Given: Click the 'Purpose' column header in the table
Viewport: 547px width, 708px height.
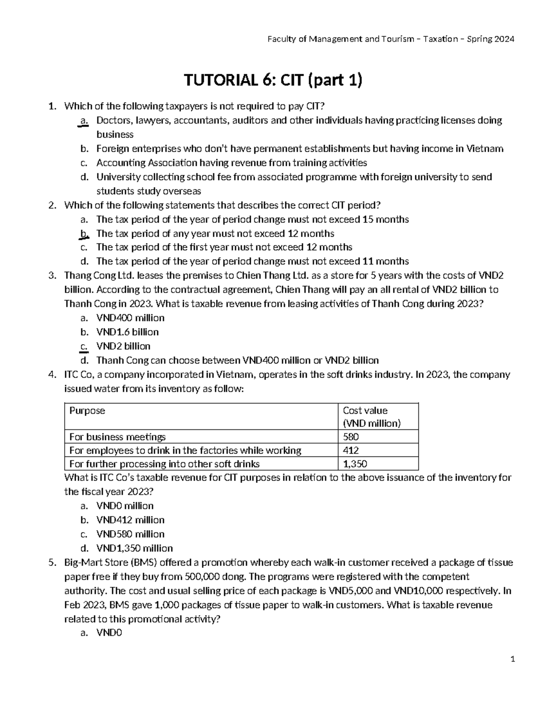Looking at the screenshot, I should [87, 410].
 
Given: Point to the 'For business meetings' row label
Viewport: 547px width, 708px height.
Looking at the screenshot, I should [117, 437].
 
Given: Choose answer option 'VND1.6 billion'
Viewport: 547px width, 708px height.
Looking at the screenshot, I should [127, 332].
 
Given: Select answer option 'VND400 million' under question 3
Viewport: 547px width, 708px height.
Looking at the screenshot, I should [130, 318].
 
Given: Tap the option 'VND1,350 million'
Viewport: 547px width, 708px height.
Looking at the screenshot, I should [134, 548].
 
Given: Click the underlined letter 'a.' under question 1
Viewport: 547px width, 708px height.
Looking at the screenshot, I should [83, 120].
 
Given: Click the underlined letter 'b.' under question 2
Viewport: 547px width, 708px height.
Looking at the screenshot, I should [83, 233].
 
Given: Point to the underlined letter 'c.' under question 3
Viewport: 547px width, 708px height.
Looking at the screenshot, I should [83, 346].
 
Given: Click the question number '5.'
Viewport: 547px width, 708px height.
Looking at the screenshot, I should [52, 562].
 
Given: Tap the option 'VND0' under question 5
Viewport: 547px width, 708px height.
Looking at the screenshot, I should [109, 632].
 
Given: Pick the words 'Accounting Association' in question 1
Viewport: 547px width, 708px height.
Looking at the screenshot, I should [147, 163].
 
